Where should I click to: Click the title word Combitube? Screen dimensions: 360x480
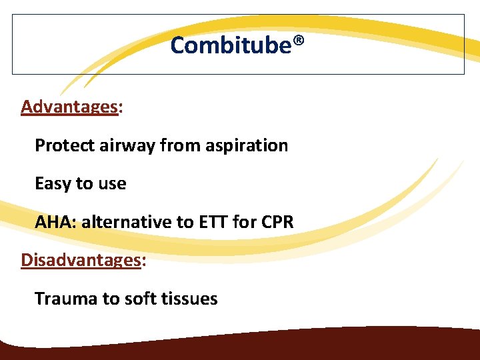231,45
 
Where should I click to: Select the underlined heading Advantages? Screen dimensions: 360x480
69,107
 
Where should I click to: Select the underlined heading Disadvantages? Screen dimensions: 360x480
81,260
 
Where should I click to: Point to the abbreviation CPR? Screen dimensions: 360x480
278,222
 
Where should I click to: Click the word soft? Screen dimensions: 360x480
141,299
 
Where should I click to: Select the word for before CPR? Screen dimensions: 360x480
245,222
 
